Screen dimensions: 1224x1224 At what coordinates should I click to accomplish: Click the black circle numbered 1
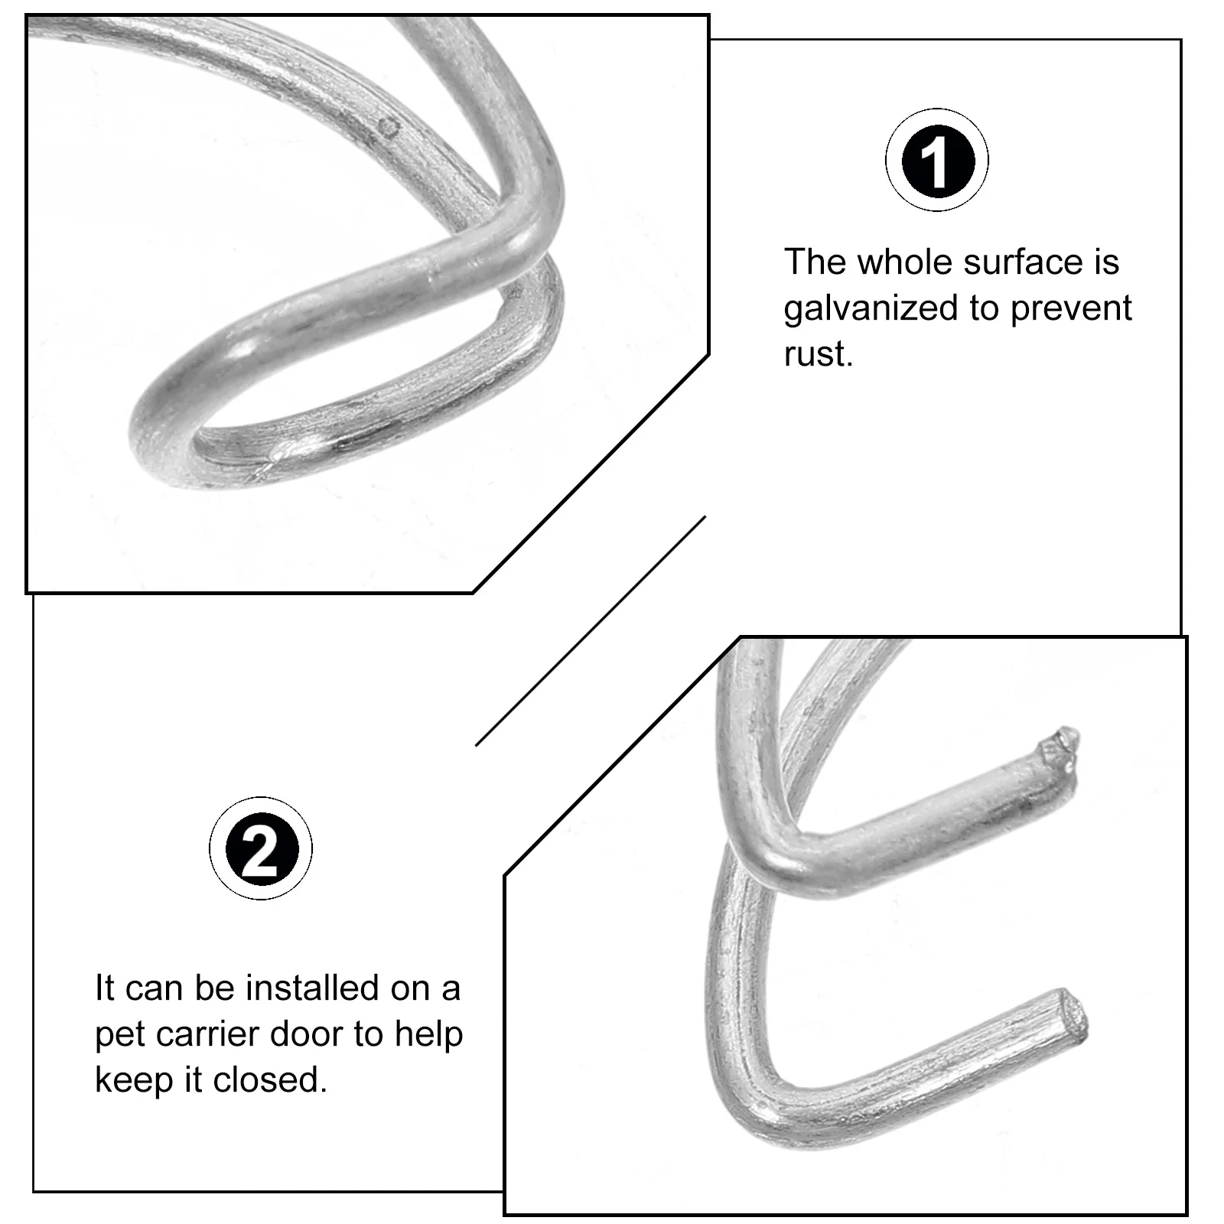[937, 161]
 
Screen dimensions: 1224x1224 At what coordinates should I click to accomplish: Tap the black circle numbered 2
[260, 848]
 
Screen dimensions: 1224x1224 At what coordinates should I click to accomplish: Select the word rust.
[817, 354]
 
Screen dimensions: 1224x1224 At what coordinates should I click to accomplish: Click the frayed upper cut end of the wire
[1060, 746]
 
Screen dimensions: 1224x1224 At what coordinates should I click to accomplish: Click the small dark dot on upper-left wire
[391, 128]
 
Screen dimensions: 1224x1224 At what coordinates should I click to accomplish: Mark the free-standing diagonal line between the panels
[591, 630]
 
